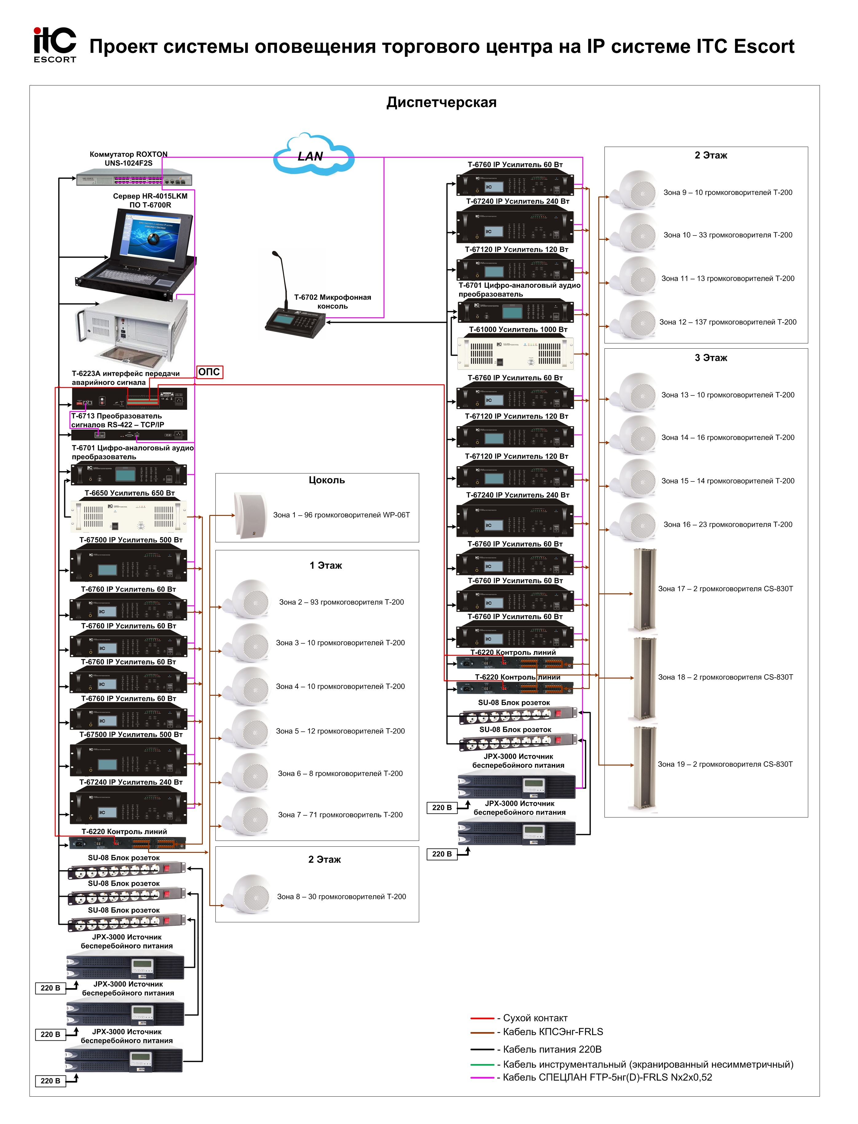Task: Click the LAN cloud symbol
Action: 313,155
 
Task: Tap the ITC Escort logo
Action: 55,45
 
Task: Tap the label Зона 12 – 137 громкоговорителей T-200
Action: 727,322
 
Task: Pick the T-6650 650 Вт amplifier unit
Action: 129,516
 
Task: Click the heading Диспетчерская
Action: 441,102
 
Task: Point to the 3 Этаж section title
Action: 710,358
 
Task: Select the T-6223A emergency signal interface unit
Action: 129,398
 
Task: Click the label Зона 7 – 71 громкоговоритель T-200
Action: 340,815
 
